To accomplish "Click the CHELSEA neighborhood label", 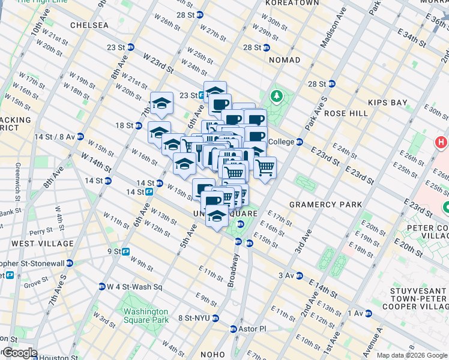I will tap(89, 25).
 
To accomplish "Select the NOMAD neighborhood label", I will tap(285, 60).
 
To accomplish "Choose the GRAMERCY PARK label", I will tap(325, 205).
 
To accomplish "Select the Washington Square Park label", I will tap(145, 316).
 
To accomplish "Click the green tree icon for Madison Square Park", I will tap(277, 96).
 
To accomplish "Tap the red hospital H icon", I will tap(441, 143).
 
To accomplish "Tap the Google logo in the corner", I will tap(19, 353).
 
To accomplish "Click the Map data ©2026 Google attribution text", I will tap(411, 355).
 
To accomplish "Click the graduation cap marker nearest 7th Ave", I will tap(161, 104).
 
